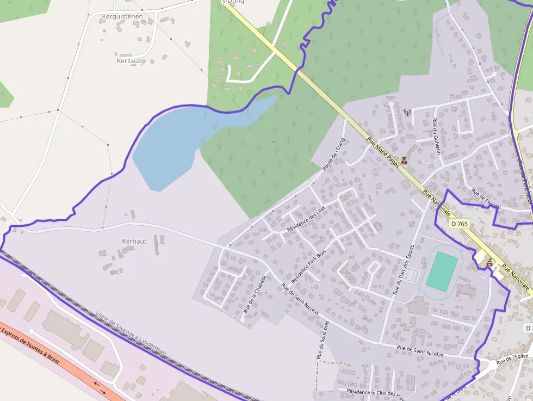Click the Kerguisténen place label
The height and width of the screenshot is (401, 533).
pos(122,16)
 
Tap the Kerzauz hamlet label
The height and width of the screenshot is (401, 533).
pos(129,61)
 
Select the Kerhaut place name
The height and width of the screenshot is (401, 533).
pos(134,241)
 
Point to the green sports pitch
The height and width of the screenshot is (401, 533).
pos(442,270)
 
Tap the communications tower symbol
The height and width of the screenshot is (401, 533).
pos(406,113)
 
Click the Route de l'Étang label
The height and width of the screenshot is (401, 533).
pos(334,155)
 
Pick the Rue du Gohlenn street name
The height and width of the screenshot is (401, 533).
pos(436,136)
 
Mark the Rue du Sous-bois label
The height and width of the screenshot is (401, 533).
pos(323,340)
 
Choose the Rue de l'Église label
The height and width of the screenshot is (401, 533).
pos(513,357)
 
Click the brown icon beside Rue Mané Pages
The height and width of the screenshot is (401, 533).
pos(404,161)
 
